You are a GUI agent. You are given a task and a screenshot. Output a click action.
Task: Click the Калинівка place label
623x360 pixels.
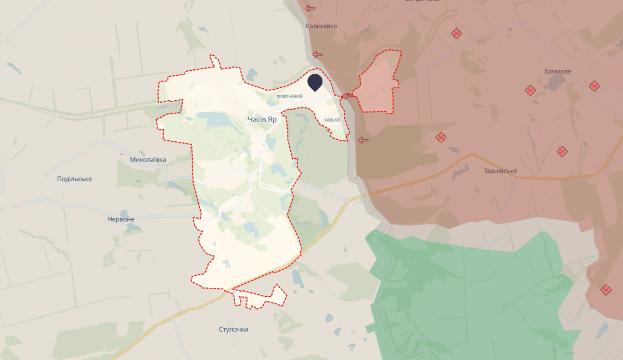(321, 25)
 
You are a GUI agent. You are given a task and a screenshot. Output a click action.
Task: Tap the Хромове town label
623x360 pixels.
(557, 71)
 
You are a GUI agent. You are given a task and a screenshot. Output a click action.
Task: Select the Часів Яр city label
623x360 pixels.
(262, 119)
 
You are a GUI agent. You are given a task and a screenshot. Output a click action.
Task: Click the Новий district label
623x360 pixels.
(332, 120)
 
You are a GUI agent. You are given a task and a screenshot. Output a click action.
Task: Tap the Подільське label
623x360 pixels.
(75, 179)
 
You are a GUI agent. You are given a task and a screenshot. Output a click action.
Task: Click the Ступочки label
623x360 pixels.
(234, 329)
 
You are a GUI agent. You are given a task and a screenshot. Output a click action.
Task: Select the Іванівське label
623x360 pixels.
(500, 170)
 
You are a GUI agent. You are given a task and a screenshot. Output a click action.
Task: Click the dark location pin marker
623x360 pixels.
(315, 82)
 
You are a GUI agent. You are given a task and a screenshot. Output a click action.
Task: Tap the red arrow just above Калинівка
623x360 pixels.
(310, 8)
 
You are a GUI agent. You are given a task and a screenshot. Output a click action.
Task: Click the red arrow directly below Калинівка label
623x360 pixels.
(318, 54)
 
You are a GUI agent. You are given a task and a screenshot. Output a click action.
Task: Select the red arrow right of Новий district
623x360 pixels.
(363, 140)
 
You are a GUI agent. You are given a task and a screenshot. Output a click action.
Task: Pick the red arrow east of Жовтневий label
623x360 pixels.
(347, 96)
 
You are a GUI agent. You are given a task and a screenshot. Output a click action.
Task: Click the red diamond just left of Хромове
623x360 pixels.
(530, 90)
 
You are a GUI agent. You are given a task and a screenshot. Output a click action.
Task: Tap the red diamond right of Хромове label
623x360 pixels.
(594, 86)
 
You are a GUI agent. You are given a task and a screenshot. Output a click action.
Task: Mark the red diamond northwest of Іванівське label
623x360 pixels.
(441, 138)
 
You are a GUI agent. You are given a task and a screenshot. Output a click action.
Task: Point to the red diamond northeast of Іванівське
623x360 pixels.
(562, 152)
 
